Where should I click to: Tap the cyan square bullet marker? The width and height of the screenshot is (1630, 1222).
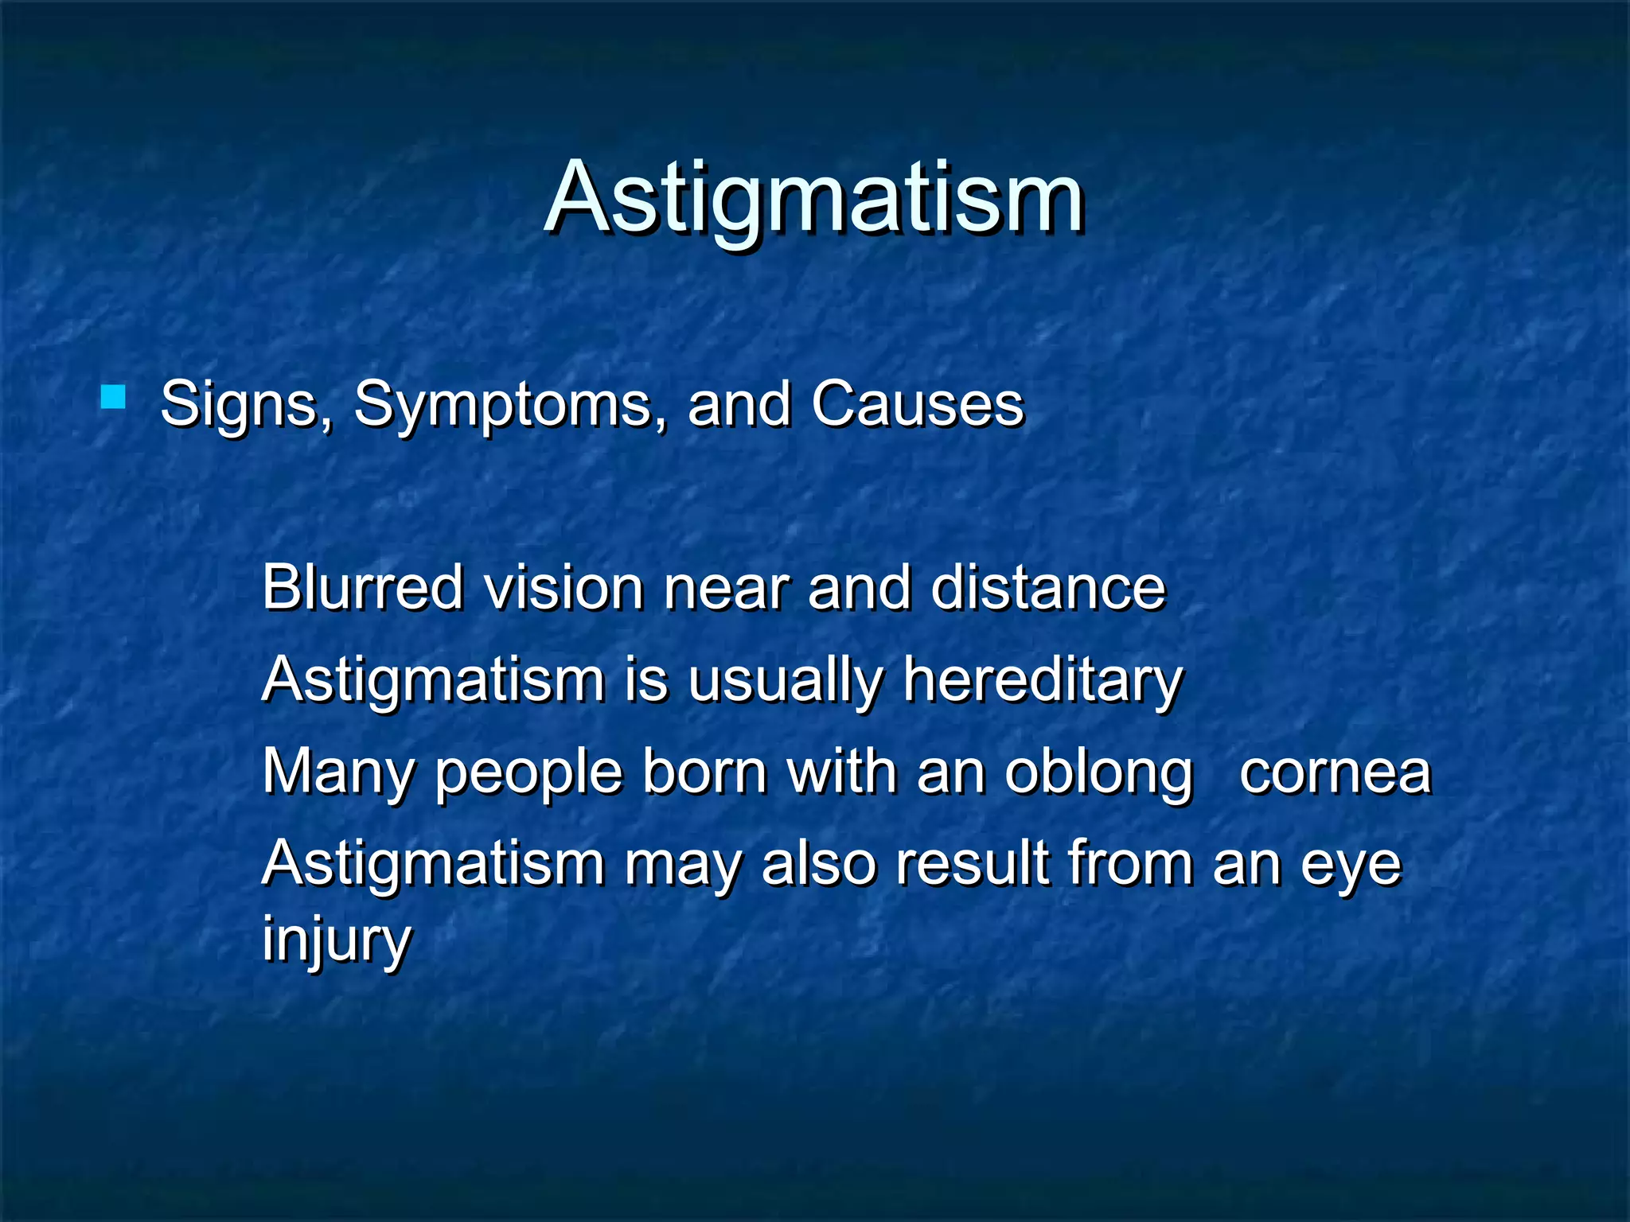pos(113,397)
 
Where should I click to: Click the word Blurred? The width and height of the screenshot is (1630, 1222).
pos(362,587)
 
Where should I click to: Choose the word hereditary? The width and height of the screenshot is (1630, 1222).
pos(1043,681)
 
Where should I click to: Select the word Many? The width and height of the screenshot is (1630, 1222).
pos(338,772)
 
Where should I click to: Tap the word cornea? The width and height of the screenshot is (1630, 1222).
pos(1335,772)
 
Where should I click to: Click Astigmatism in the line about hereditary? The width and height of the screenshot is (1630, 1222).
pos(434,681)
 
